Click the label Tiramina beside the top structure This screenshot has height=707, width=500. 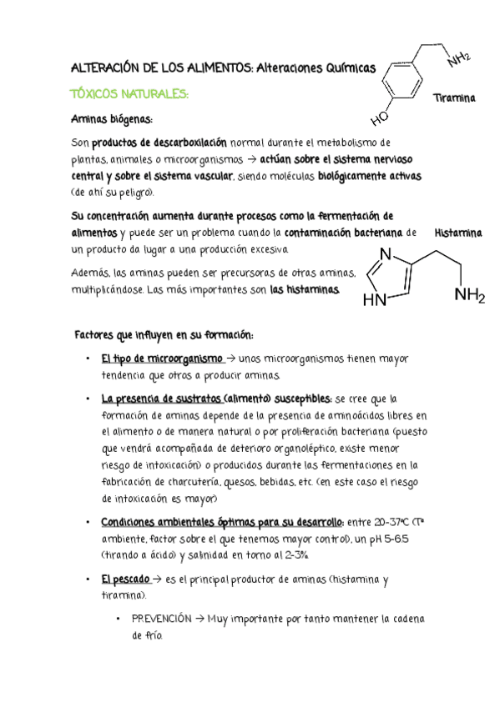click(x=454, y=98)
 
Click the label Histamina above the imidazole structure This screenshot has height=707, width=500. click(x=459, y=233)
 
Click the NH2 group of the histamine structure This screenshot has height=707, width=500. click(x=469, y=296)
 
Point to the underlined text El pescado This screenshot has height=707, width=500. click(x=125, y=578)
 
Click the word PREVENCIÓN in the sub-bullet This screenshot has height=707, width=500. click(x=161, y=619)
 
